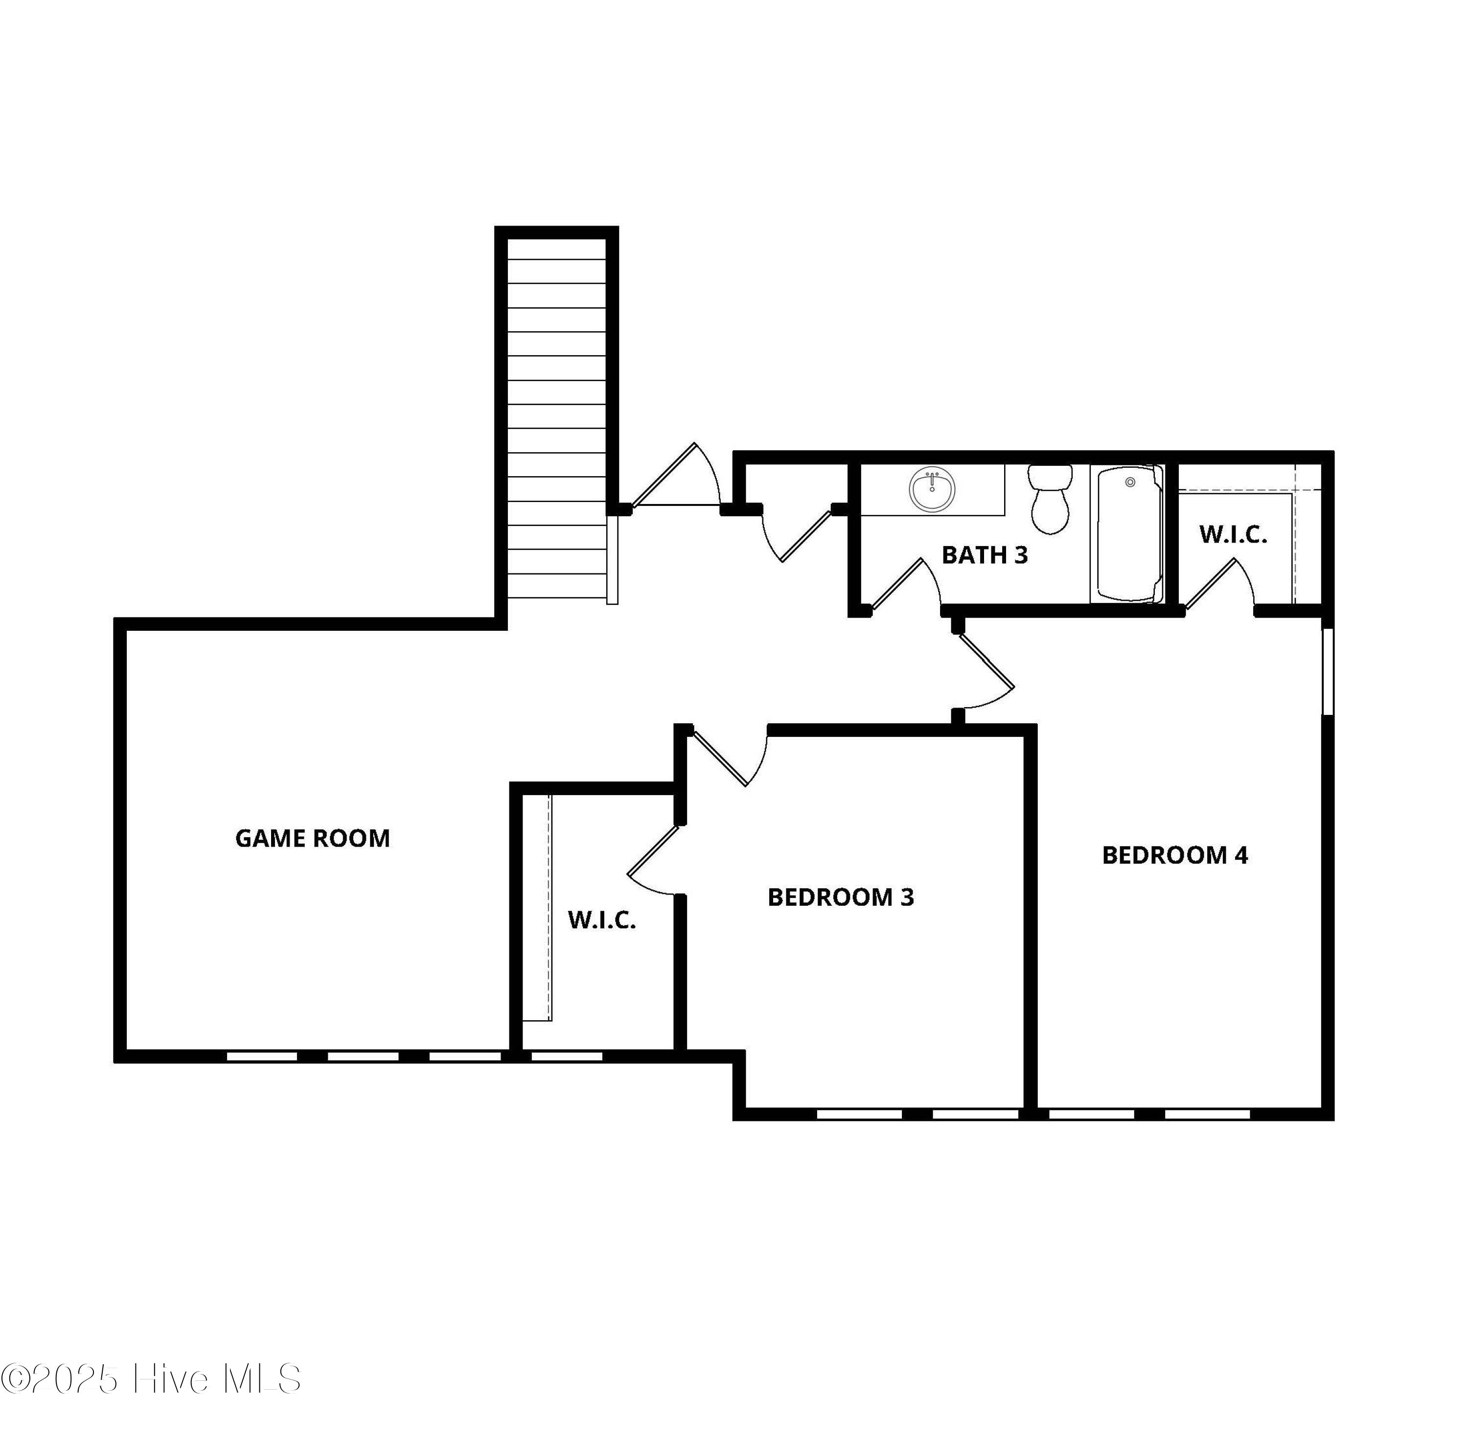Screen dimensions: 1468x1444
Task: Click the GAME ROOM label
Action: pos(312,838)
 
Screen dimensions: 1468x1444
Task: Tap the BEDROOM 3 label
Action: pos(841,897)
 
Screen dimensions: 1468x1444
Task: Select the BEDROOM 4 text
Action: pos(1174,855)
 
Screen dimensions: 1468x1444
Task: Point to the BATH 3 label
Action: pos(984,555)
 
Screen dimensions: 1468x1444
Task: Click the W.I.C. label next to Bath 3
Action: pos(1233,535)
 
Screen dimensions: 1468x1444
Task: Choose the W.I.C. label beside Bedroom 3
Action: pos(602,920)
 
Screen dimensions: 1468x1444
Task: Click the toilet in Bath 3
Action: pos(1050,499)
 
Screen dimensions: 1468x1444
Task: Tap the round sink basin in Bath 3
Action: pos(932,490)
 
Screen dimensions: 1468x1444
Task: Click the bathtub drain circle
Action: pos(1130,482)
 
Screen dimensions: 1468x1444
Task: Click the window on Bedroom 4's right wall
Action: pos(1328,671)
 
